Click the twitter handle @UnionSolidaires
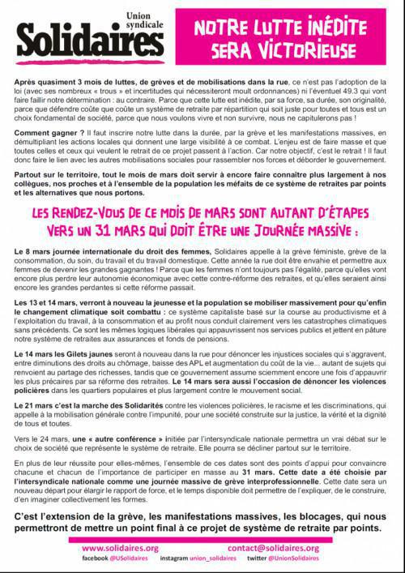[295, 558]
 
